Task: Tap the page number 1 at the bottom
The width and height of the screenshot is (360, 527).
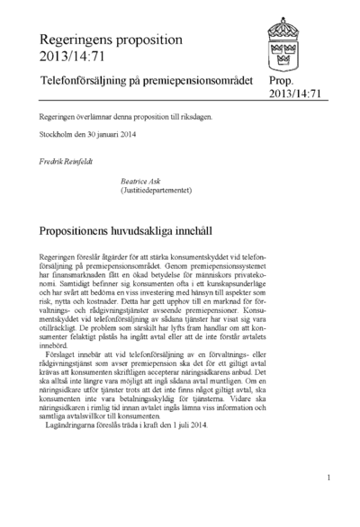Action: click(x=328, y=478)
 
